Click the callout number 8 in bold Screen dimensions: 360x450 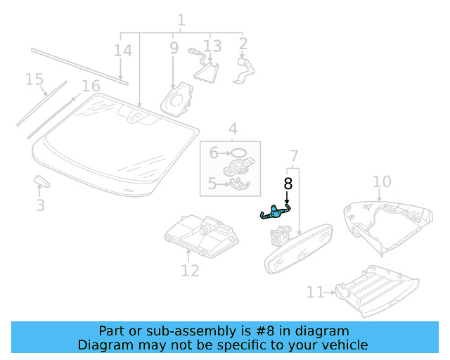click(288, 184)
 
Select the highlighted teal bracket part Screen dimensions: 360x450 click(275, 211)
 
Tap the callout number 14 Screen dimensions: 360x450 click(122, 51)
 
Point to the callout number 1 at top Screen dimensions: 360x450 click(181, 20)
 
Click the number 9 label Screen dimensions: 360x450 click(174, 48)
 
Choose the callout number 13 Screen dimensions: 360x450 click(212, 46)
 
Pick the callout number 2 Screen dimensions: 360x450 click(243, 45)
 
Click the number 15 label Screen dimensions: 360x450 click(34, 79)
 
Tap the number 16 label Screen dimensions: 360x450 click(91, 86)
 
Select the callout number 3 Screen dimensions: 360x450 click(40, 205)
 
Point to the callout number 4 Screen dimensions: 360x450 click(232, 129)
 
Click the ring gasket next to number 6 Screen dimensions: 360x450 click(239, 152)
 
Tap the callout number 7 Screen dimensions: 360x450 click(294, 155)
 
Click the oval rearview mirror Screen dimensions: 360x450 click(298, 247)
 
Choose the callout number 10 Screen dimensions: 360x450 click(381, 182)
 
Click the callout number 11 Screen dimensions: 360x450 click(314, 292)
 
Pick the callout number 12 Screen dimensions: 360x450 click(190, 269)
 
